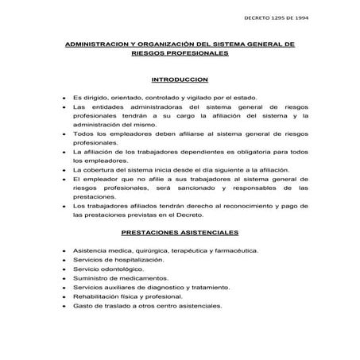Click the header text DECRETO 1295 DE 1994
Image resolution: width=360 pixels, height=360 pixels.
[x=273, y=17]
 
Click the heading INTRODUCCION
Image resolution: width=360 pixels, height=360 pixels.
[x=179, y=80]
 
